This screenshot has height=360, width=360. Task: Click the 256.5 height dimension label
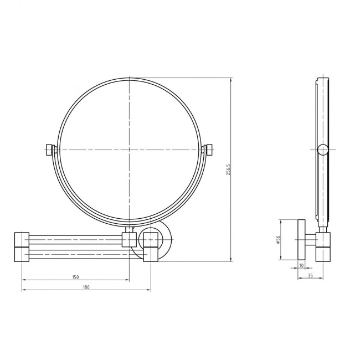pos(228,169)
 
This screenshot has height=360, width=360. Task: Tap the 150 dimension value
pos(75,277)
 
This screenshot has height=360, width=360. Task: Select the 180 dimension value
pos(86,287)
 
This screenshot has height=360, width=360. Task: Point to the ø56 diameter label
pos(278,240)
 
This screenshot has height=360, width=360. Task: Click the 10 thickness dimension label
pos(301,265)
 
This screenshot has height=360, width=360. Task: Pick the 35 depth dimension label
pos(310,275)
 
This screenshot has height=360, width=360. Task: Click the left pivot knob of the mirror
pos(49,150)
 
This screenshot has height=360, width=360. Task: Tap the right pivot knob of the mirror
pos(209,150)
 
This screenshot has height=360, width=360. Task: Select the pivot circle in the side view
pos(323,150)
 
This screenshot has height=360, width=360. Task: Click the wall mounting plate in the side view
pos(301,240)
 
